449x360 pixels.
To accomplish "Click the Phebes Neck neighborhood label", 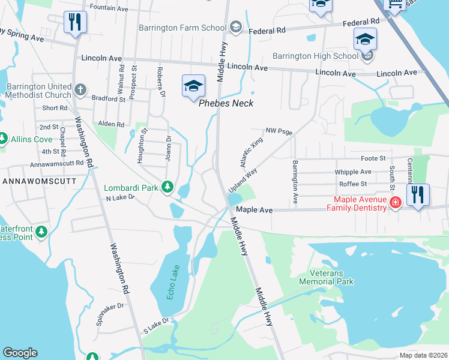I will coord(226,103).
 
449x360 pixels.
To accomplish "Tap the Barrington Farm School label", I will coord(182,28).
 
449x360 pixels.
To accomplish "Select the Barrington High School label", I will coord(315,56).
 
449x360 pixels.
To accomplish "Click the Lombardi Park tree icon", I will coord(169,188).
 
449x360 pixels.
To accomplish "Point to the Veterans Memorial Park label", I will coord(327,277).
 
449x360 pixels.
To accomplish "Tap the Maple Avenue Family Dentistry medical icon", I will coord(396,203).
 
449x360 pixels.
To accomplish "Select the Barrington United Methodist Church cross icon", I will coord(80,91).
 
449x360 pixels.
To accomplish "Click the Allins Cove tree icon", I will coord(3,139).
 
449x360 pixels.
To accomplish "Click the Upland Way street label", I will coord(243,180).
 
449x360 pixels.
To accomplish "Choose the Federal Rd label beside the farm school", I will coord(267,31).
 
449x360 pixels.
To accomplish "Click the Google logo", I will coord(20,353).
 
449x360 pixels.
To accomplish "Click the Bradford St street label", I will coord(108,98).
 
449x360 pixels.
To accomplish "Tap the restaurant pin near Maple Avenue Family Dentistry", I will coord(418,195).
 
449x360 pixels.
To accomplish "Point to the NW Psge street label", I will coord(279,130).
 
